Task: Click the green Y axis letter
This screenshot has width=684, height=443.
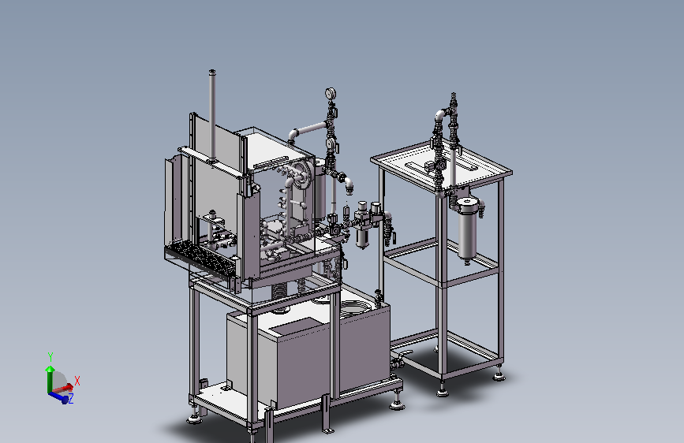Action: click(50, 357)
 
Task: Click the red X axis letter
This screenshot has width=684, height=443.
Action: click(77, 381)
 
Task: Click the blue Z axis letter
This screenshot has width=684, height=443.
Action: click(70, 397)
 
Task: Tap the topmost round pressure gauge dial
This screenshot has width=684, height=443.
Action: click(331, 93)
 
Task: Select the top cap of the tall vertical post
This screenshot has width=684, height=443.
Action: click(212, 71)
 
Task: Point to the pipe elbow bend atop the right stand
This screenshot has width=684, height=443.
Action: click(441, 114)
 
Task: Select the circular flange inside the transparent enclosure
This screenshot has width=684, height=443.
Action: click(302, 173)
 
